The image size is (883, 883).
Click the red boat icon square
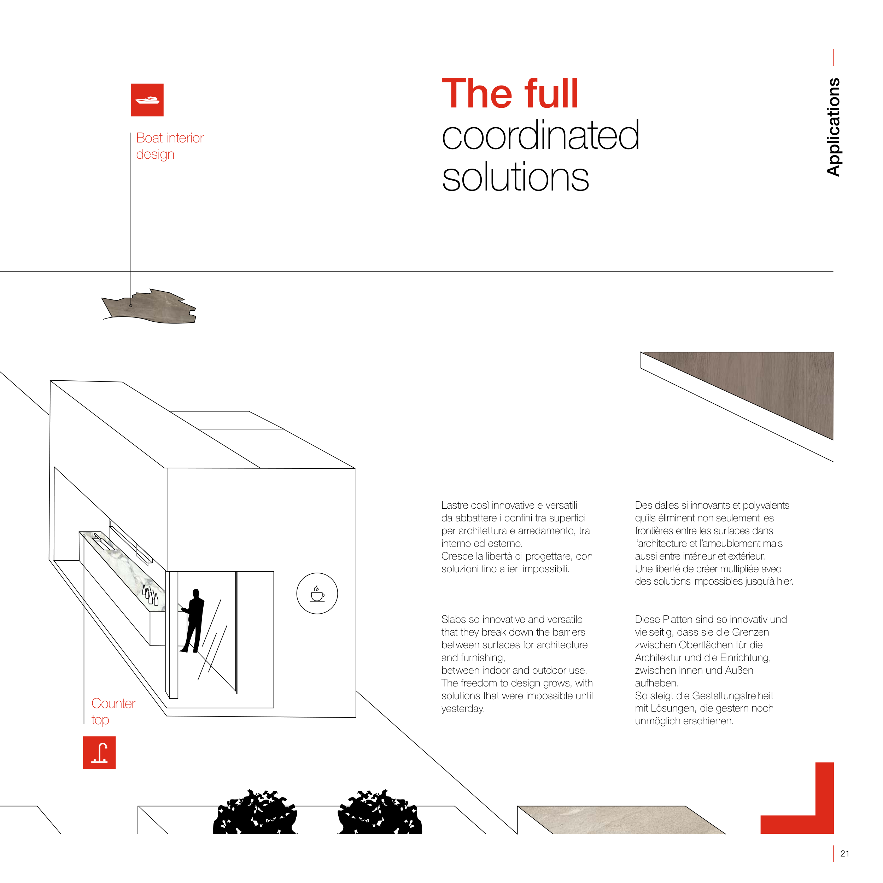[x=147, y=100]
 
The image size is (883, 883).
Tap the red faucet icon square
[x=99, y=753]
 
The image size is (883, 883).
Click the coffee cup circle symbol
[x=317, y=593]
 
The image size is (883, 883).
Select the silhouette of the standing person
[x=192, y=621]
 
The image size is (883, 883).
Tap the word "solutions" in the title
[x=515, y=177]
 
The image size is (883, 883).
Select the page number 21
[x=844, y=853]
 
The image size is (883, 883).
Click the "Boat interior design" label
[x=170, y=146]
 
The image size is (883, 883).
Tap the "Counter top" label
[x=113, y=711]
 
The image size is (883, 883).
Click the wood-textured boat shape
[x=150, y=306]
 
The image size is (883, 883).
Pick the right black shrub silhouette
[x=379, y=812]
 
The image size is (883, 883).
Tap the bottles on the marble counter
[x=150, y=595]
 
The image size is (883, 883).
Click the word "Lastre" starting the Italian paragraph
[x=456, y=505]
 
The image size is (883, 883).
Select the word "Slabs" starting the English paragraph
[x=454, y=619]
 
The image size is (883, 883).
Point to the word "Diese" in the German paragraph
[x=647, y=619]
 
